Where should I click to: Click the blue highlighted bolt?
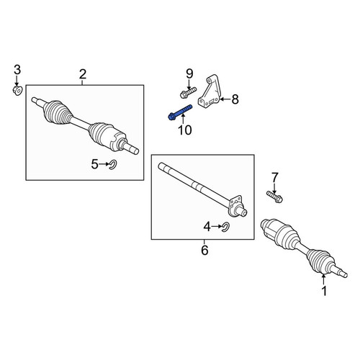(180, 112)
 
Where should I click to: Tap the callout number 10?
(185, 130)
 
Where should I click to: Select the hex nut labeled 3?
(17, 91)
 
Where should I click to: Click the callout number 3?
(17, 70)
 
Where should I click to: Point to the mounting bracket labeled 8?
(208, 91)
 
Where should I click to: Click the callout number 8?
(235, 99)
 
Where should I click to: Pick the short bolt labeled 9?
(188, 93)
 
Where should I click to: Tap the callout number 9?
(189, 73)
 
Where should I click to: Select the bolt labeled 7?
(274, 196)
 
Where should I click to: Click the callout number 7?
(275, 177)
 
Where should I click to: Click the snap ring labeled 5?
(112, 165)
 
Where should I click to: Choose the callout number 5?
(95, 164)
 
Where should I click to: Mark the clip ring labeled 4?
(226, 227)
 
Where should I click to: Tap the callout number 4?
(207, 227)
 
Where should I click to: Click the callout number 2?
(82, 75)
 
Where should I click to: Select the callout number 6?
(204, 251)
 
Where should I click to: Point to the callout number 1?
(324, 291)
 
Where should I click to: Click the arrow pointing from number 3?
(17, 81)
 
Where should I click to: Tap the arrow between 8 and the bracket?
(225, 99)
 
